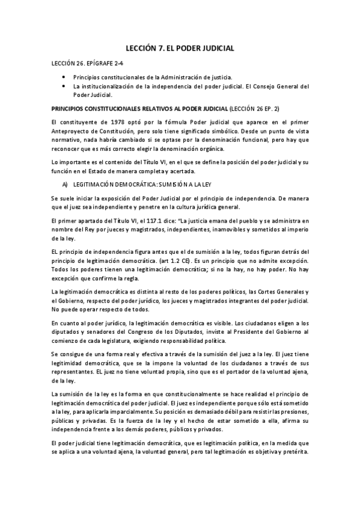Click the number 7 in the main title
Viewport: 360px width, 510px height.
(x=165, y=46)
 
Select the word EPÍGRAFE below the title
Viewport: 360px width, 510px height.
(x=90, y=63)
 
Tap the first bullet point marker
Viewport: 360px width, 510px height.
(x=64, y=78)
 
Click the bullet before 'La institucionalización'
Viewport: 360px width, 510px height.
(x=64, y=86)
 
